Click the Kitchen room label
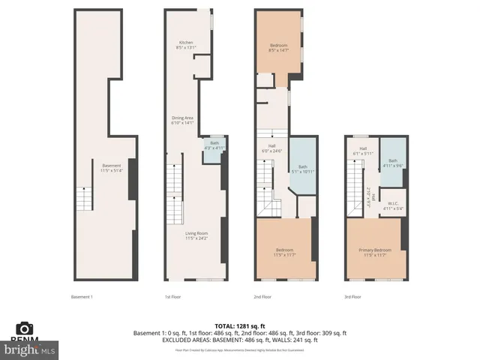click(186, 44)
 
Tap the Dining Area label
click(183, 121)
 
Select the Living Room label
click(196, 235)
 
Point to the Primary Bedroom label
click(373, 251)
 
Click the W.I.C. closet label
click(392, 205)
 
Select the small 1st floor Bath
click(214, 145)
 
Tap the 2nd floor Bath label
click(303, 169)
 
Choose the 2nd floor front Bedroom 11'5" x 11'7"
click(283, 251)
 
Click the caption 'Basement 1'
click(81, 296)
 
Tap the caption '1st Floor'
click(172, 296)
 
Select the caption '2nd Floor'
click(262, 296)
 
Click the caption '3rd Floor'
click(352, 296)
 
